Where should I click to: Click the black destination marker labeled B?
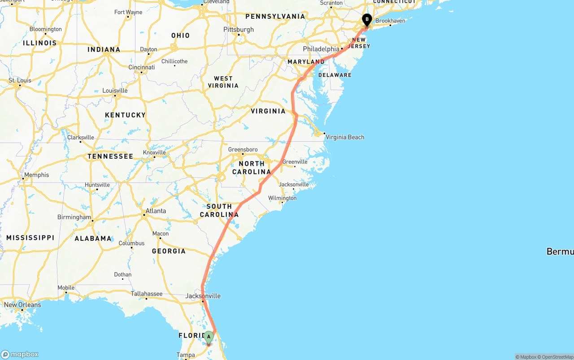click(367, 20)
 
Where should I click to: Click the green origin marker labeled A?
click(209, 337)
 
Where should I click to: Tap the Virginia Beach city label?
click(345, 137)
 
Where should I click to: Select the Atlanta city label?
click(156, 211)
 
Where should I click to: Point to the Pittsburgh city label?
click(239, 30)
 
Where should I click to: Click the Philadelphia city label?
click(321, 49)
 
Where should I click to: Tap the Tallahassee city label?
click(147, 294)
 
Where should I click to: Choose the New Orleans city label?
click(22, 305)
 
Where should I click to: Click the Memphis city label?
click(37, 175)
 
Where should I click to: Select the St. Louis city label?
click(20, 81)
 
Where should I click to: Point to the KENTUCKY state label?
click(125, 115)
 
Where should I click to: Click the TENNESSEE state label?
click(110, 156)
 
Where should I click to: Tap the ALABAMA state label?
click(93, 239)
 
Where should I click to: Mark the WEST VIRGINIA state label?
click(223, 82)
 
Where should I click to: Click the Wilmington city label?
click(283, 198)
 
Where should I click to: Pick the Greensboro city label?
click(243, 149)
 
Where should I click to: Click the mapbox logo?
click(20, 354)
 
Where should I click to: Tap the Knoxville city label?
click(154, 152)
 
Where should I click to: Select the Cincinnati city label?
click(142, 67)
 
